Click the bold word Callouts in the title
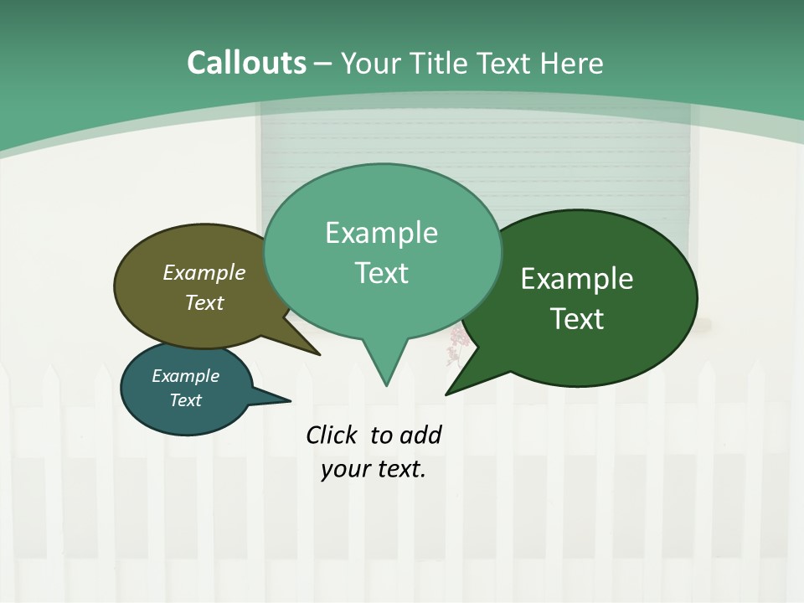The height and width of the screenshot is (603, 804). click(246, 63)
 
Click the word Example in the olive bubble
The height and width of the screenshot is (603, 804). click(204, 273)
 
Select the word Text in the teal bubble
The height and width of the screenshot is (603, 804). click(185, 400)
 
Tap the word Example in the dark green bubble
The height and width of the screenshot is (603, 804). click(577, 279)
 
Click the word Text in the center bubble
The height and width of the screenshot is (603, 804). click(382, 272)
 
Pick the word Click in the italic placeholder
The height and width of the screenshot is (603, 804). click(332, 435)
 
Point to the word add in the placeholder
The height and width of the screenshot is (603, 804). click(420, 435)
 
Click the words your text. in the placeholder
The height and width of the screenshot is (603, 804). click(374, 469)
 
